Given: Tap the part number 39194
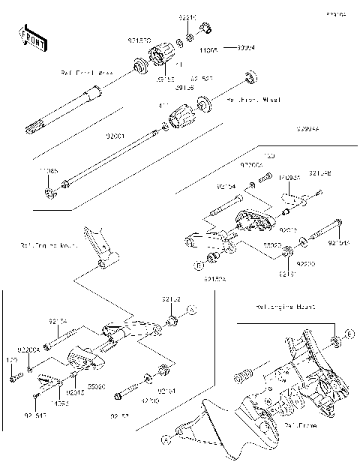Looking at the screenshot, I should (245, 46).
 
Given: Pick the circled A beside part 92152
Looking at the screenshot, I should (192, 309).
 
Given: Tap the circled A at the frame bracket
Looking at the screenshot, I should (165, 434).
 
